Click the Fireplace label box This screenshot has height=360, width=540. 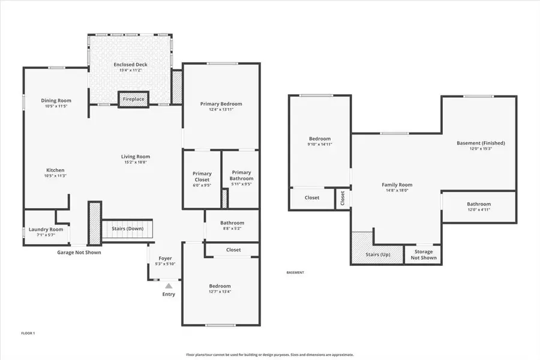[x=133, y=99]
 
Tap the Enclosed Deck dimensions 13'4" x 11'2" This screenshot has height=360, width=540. [x=130, y=70]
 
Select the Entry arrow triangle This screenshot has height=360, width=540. [x=169, y=286]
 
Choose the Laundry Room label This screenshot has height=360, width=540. [x=46, y=229]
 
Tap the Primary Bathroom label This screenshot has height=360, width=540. [x=241, y=175]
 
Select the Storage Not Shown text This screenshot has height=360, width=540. [x=423, y=255]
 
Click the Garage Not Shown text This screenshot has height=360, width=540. [x=79, y=253]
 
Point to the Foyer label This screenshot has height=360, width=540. [x=165, y=259]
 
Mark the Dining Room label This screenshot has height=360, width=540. [x=56, y=100]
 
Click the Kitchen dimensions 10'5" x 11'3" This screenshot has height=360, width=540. [x=55, y=176]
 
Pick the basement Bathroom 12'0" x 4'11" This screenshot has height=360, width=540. [x=479, y=207]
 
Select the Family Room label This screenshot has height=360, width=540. [x=397, y=185]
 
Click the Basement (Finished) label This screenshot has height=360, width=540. [x=481, y=143]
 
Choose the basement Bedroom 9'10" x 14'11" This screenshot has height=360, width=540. [x=319, y=142]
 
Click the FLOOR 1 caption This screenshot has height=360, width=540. [x=28, y=333]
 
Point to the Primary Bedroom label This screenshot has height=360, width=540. [x=221, y=104]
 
